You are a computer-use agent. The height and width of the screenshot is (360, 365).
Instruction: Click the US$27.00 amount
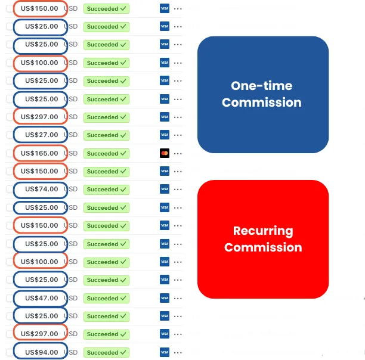(41, 135)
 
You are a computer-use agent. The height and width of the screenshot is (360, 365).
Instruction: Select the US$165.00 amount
(39, 153)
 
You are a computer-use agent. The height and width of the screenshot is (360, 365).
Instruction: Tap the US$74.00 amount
(41, 189)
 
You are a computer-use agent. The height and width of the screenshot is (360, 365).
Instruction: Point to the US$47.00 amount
(41, 298)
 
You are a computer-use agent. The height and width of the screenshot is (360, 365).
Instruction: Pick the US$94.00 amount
(41, 352)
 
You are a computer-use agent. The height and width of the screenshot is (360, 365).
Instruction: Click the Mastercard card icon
(165, 153)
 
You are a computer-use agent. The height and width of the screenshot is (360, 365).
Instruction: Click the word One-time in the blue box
(262, 86)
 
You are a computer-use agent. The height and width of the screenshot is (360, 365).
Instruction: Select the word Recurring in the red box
(263, 231)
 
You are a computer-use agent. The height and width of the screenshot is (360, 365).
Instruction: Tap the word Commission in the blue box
(262, 103)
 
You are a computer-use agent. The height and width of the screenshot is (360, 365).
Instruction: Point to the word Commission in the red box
(263, 247)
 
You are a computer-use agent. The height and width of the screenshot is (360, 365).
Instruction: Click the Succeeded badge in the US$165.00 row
(106, 154)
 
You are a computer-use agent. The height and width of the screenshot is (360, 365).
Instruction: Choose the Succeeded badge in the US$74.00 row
(106, 190)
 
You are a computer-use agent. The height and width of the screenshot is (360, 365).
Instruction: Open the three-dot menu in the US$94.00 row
(178, 353)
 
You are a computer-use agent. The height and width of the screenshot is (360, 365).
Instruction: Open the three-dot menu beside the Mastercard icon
(178, 154)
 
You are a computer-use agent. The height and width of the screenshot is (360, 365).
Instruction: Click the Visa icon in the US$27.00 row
(165, 135)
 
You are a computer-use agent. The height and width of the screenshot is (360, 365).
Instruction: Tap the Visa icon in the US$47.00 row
(165, 298)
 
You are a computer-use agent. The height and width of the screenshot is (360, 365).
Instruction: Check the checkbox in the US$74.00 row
(10, 189)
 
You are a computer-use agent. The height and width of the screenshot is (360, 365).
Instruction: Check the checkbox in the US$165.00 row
(10, 153)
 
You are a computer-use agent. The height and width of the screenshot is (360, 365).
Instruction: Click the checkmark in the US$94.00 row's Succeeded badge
(123, 352)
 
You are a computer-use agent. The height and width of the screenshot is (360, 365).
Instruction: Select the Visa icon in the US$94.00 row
(165, 352)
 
